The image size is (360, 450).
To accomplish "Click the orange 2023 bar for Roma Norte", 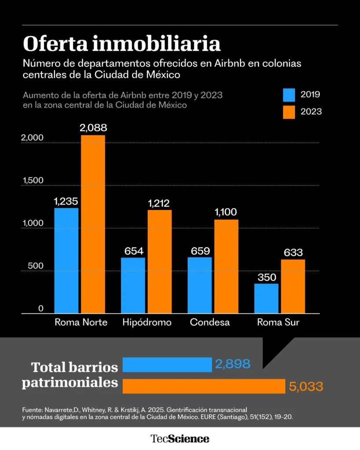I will point(93,224).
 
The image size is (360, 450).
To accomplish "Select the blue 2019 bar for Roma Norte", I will point(66,261).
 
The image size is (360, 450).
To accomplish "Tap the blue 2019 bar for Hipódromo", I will point(133,285).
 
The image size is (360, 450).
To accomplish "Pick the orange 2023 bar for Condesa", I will point(226,266).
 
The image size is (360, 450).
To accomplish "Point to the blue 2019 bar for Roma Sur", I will point(266,298).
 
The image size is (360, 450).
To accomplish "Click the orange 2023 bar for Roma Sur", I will point(293,286).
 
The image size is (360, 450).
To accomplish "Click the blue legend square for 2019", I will point(289,95).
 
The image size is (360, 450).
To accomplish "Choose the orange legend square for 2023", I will point(289,112).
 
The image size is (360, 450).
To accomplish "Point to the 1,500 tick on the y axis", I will point(33,181).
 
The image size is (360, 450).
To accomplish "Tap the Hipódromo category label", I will point(147,323).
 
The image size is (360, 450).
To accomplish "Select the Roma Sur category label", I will point(278,323).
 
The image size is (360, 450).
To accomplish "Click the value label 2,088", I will point(93,128).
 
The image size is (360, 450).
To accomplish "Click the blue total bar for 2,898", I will point(167,365).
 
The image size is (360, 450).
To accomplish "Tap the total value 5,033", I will point(306,387).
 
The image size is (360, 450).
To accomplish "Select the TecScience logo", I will point(180,439).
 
